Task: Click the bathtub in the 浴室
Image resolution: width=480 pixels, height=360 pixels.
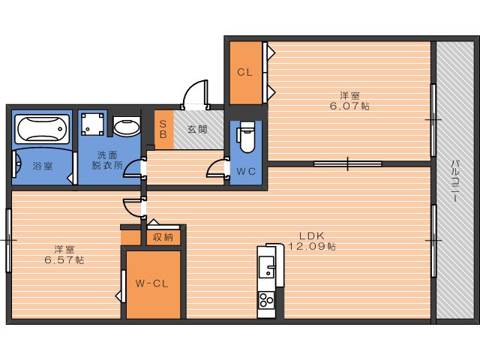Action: pos(42,130)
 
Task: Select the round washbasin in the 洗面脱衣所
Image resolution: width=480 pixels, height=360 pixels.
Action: pos(126,127)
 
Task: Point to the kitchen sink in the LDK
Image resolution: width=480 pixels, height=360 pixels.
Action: pos(267,266)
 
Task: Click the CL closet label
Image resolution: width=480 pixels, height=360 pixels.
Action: pos(244,73)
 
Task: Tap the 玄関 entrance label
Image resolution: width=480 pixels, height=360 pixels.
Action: pos(198,129)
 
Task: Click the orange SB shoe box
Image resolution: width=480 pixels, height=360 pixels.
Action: pos(163,129)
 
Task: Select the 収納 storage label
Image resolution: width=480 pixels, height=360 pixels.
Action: pos(163,238)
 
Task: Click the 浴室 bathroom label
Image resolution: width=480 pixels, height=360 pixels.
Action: pos(42,166)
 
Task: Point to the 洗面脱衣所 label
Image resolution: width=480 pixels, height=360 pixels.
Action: pos(106,161)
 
